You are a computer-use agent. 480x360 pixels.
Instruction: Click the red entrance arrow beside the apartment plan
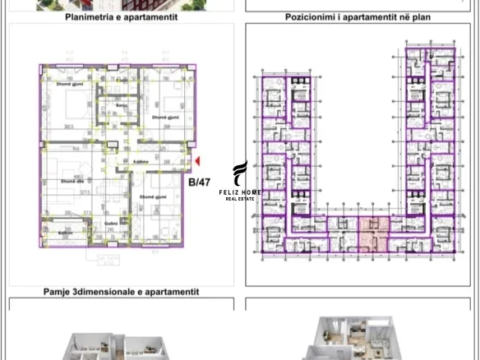point(196,162)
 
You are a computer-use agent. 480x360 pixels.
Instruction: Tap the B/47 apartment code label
point(199,182)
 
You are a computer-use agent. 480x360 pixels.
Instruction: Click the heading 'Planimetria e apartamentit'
point(119,16)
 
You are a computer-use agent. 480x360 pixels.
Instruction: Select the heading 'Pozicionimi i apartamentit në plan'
point(358,16)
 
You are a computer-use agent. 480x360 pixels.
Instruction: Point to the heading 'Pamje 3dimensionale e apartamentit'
point(121,292)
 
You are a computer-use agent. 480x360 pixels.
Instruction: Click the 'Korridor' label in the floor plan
point(141,162)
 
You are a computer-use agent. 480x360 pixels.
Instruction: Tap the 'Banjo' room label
point(122,105)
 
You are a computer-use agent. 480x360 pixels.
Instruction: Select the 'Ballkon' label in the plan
point(65,233)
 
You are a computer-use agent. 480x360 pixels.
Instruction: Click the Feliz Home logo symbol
point(239,173)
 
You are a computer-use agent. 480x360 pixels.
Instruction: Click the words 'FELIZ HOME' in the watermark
point(240,192)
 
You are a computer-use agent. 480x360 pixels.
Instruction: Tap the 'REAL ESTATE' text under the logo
point(240,199)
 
